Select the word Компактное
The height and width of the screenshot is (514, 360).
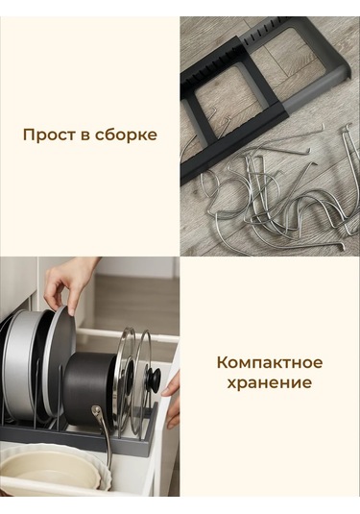point(269,362)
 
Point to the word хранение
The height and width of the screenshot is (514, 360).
point(269,382)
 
